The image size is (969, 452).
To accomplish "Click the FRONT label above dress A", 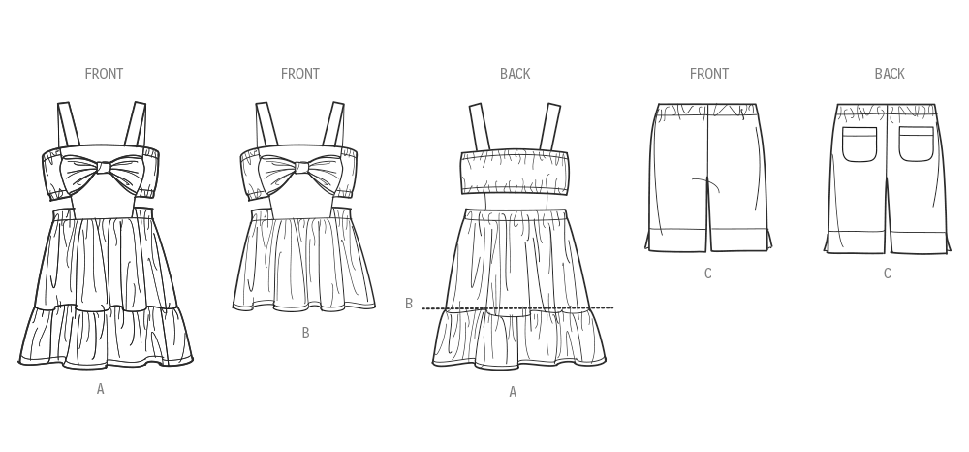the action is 104,74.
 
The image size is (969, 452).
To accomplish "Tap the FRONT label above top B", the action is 300,74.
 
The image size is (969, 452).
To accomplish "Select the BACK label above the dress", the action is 515,74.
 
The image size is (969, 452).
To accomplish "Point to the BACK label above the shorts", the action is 890,74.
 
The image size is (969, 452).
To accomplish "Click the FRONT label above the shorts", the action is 709,74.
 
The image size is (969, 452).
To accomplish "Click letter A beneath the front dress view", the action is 100,389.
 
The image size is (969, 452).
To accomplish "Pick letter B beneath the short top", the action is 305,333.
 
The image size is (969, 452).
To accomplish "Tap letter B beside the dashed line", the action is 409,304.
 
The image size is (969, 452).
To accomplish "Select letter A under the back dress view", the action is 513,392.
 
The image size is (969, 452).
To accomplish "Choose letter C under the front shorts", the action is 708,274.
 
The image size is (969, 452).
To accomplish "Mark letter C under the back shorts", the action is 887,274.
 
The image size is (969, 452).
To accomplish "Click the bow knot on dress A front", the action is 104,167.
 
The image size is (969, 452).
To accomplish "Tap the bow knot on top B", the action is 301,167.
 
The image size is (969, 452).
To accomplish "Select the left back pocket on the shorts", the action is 860,145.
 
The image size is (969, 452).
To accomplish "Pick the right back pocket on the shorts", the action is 916,145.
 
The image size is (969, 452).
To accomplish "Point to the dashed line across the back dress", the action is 517,307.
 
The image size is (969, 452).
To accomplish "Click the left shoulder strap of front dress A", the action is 68,125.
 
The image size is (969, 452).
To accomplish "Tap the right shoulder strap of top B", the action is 334,125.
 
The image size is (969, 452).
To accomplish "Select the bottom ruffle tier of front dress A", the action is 106,335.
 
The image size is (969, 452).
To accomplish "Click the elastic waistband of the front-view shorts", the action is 707,109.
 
